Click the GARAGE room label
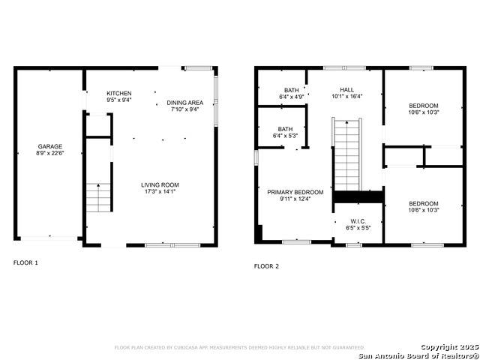pos(50,146)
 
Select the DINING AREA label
pos(184,102)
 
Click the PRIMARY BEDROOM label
pos(295,192)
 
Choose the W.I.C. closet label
pos(357,221)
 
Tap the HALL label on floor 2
pos(346,89)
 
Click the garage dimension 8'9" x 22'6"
pos(50,154)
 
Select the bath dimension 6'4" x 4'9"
pos(290,97)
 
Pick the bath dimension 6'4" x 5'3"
pos(285,136)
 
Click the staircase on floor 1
pos(98,197)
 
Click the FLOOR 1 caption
pos(25,262)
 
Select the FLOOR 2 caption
pos(266,265)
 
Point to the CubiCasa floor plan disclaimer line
pos(239,347)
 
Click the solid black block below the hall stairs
pos(358,196)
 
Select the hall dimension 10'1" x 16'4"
pos(346,97)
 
